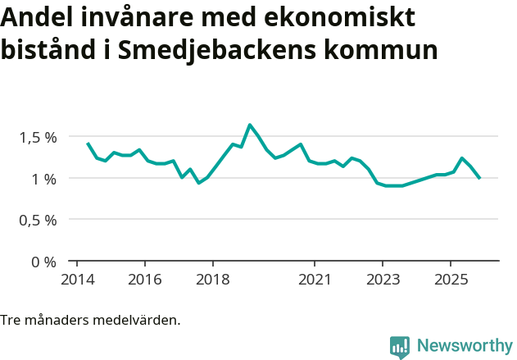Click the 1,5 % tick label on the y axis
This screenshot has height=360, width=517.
[39, 137]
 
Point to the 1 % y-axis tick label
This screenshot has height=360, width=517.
[44, 179]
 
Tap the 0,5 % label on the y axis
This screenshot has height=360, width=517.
[39, 221]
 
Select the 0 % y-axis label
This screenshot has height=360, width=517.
[44, 262]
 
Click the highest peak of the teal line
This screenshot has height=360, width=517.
[250, 125]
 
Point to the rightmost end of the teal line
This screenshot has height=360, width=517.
[479, 178]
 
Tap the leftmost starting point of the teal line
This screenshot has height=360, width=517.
[88, 143]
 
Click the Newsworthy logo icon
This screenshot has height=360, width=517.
[400, 347]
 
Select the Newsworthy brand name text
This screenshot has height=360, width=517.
[464, 346]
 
